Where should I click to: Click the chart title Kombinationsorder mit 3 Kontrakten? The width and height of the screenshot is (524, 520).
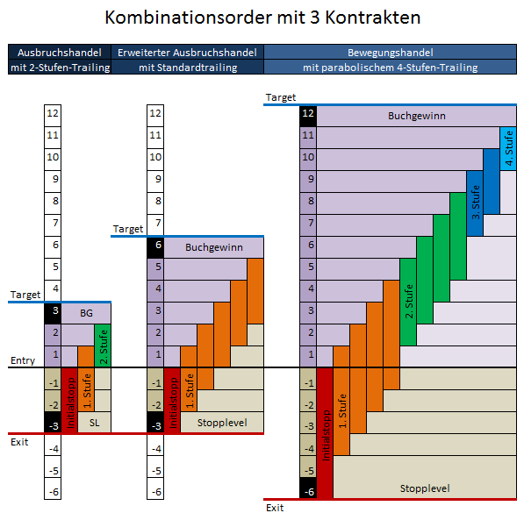tap(262, 18)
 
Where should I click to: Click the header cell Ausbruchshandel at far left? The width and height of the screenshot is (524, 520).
tap(60, 53)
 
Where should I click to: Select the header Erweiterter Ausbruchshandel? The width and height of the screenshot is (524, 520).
tap(187, 53)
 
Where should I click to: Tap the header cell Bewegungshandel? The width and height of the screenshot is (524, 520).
tap(390, 53)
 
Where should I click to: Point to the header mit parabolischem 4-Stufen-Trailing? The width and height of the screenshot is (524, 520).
tap(390, 68)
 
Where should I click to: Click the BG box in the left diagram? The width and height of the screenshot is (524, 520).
tap(86, 313)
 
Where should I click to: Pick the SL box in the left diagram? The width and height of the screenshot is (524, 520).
tap(94, 423)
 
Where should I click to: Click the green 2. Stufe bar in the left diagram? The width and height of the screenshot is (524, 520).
tap(103, 345)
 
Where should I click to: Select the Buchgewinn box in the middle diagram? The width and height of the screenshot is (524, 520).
tap(214, 247)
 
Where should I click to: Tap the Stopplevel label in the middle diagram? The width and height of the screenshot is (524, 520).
tap(222, 423)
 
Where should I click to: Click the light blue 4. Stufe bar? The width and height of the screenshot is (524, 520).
tap(508, 148)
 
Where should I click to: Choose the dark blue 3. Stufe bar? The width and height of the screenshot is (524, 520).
tap(475, 203)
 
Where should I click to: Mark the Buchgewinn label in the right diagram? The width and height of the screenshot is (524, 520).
tap(416, 116)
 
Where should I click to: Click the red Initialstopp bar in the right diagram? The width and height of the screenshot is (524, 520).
tap(325, 433)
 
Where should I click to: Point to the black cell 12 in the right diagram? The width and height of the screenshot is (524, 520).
tap(308, 116)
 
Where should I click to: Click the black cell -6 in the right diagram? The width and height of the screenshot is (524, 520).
tap(308, 488)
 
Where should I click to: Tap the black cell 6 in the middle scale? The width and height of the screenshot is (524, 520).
tap(155, 247)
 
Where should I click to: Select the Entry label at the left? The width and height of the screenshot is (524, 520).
tap(23, 360)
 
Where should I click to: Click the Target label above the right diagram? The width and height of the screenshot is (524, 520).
tap(281, 97)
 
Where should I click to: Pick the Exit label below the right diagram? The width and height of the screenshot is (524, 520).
tap(275, 508)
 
